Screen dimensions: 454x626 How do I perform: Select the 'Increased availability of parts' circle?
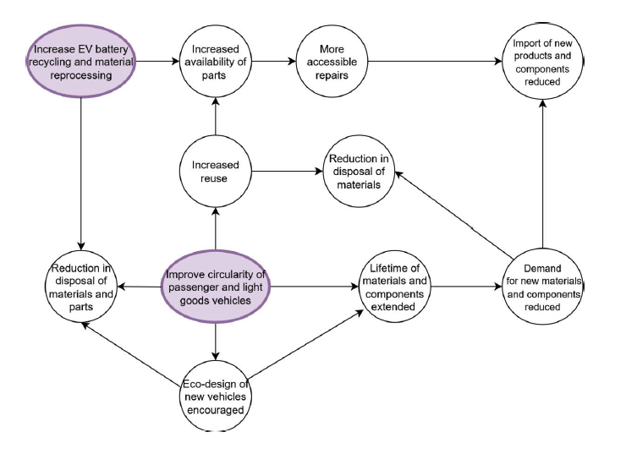(x=215, y=62)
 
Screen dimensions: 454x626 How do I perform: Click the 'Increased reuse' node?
(x=215, y=172)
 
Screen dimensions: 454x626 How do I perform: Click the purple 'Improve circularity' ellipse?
(x=215, y=287)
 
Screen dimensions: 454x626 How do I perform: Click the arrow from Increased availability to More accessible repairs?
(x=272, y=62)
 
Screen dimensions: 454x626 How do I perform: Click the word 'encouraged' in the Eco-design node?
(x=215, y=411)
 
